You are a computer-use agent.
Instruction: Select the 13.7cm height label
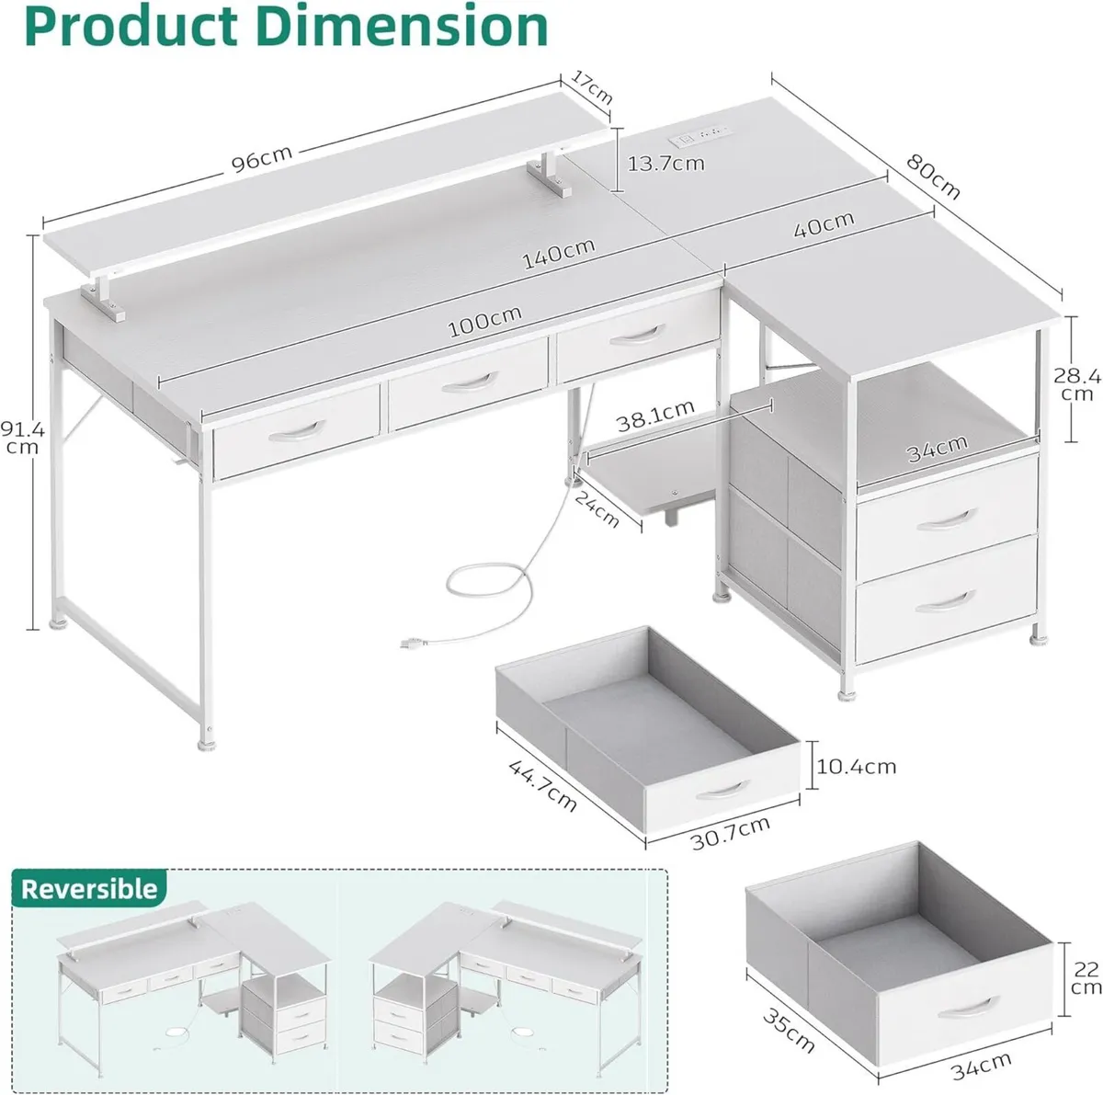[665, 164]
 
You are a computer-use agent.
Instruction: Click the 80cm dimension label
[933, 177]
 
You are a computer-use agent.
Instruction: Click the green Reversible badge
[89, 888]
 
